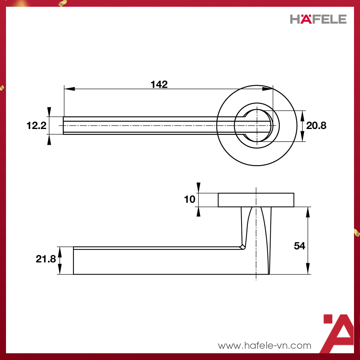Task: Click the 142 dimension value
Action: click(159, 84)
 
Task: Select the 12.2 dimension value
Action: click(36, 126)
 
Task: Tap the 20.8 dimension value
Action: click(316, 126)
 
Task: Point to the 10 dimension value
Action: click(190, 199)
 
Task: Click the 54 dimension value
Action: click(299, 246)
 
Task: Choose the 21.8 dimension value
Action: click(46, 259)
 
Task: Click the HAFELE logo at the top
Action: click(318, 19)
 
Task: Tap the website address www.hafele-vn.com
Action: click(265, 345)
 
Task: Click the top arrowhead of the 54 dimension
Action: click(308, 212)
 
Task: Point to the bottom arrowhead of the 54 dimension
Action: click(308, 269)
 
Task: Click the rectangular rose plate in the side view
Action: click(256, 200)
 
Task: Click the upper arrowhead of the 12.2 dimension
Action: click(49, 112)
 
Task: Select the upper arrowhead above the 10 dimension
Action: click(199, 187)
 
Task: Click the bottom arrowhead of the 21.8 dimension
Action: click(59, 269)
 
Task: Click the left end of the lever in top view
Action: click(64, 126)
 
